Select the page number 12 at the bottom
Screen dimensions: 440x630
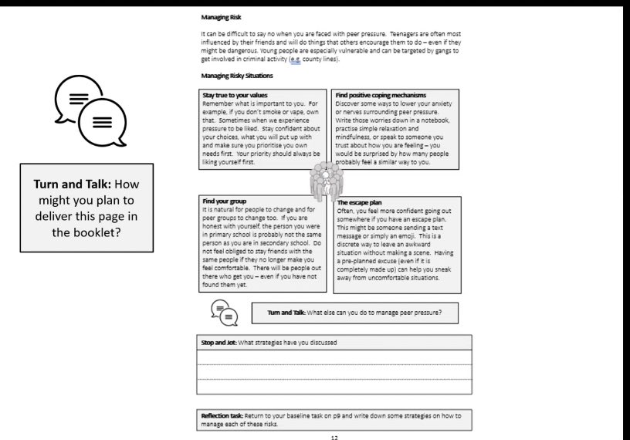coord(334,436)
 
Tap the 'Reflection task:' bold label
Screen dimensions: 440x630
coord(224,415)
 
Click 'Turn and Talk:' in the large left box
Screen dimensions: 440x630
coord(70,185)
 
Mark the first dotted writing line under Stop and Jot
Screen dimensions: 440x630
coord(332,364)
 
